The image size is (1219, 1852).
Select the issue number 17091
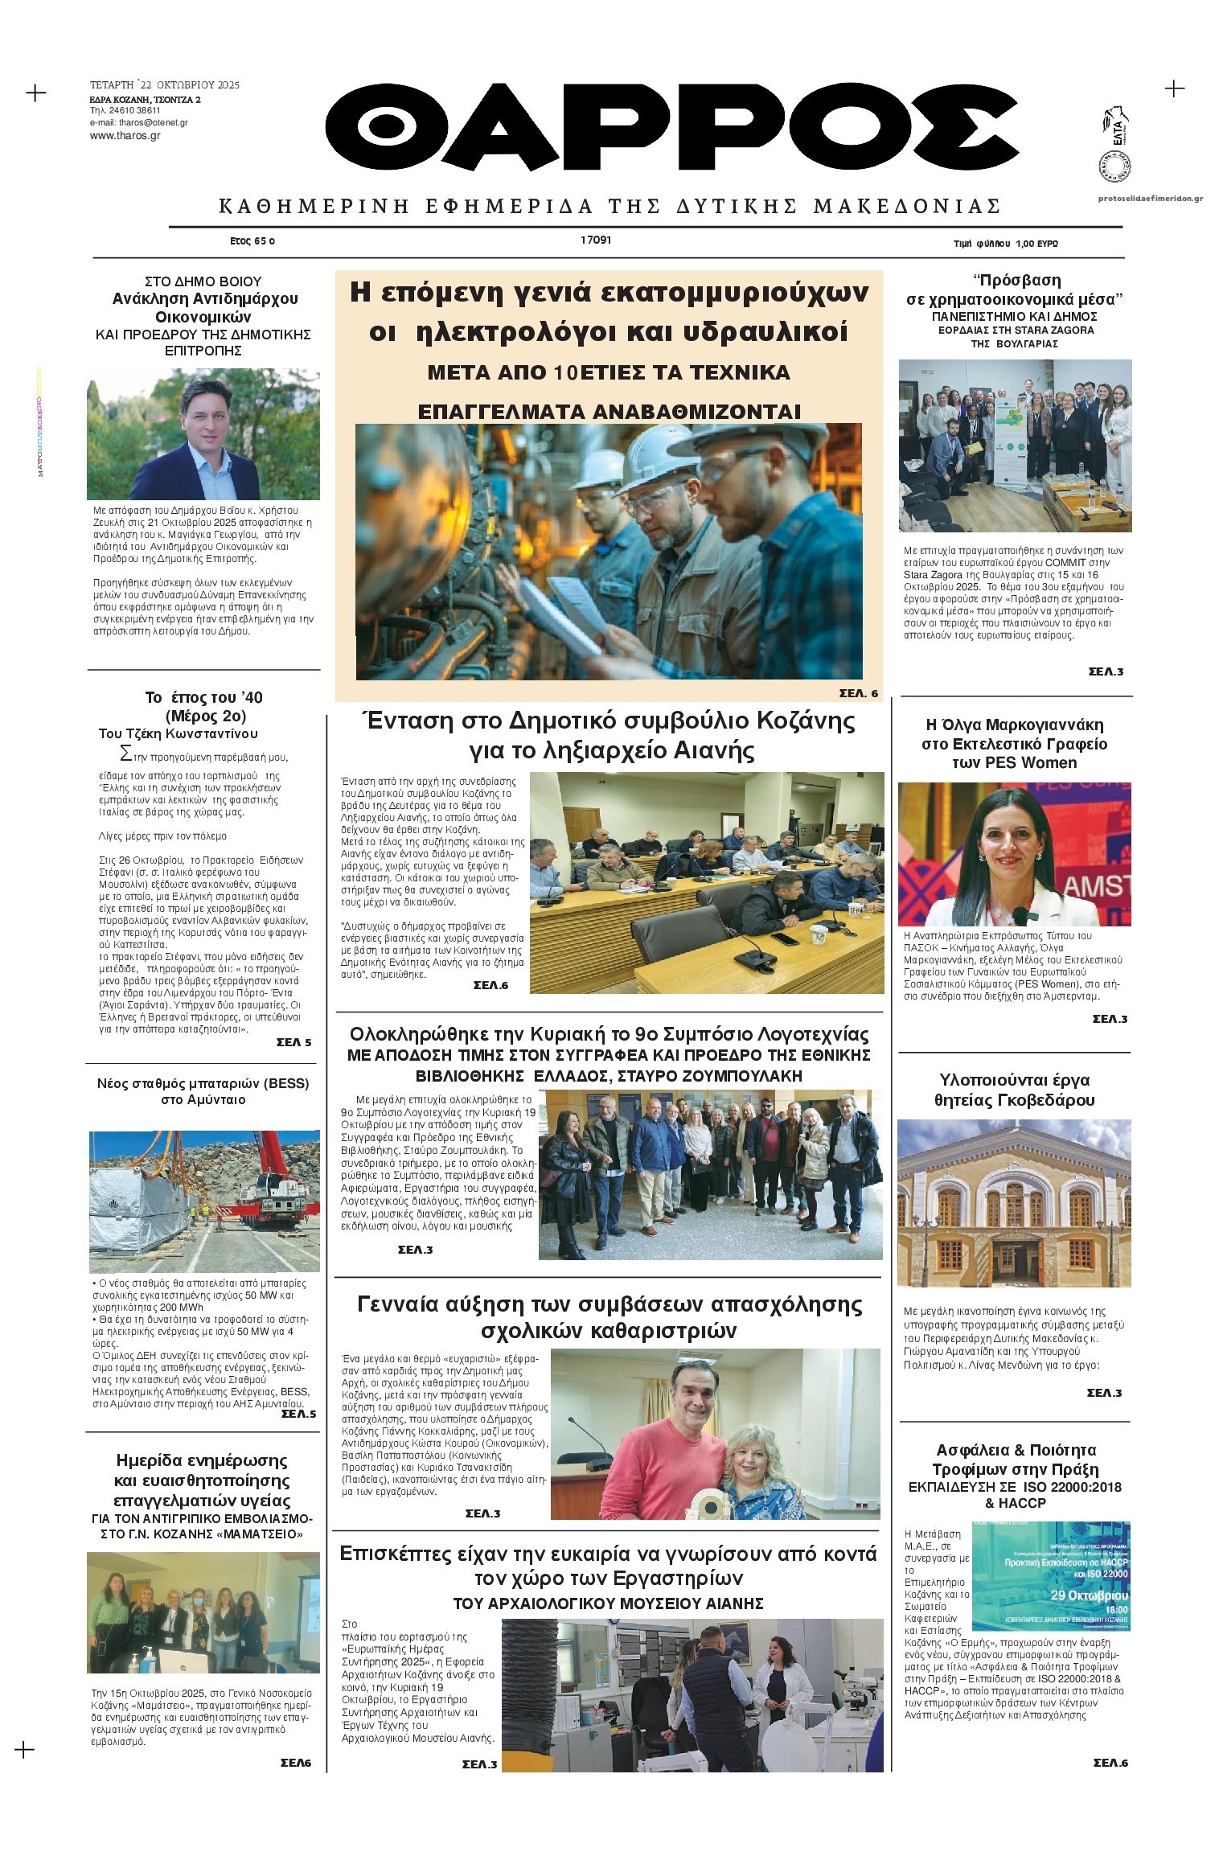(596, 240)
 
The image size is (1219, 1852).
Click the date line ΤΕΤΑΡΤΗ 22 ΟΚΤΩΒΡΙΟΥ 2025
(164, 85)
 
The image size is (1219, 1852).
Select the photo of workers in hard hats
(609, 551)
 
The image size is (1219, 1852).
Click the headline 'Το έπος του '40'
(203, 697)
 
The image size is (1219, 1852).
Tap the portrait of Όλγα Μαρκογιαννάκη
(1014, 854)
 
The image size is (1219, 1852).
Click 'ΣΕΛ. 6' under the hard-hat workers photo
(858, 693)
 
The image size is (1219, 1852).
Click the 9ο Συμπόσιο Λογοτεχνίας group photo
(710, 1174)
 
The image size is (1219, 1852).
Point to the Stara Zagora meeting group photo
(1014, 445)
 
